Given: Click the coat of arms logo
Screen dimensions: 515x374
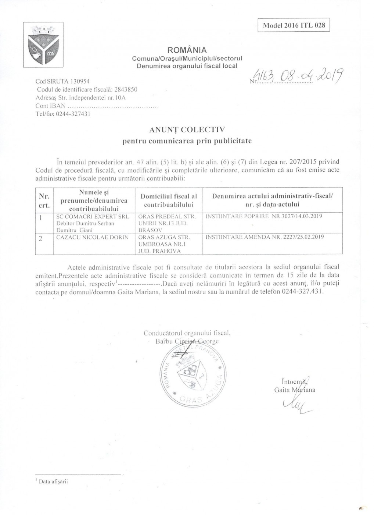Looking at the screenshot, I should [x=43, y=45].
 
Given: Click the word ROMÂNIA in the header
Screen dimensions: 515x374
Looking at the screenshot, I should [x=187, y=50].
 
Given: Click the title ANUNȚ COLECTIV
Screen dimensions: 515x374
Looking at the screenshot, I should [x=187, y=129].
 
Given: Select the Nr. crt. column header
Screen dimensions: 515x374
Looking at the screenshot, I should [x=44, y=200].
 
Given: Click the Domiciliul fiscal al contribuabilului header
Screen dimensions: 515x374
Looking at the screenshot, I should [x=169, y=200].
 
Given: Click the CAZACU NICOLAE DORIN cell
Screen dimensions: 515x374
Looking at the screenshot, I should [x=92, y=237].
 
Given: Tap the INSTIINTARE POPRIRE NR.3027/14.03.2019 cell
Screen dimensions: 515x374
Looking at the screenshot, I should [x=264, y=216].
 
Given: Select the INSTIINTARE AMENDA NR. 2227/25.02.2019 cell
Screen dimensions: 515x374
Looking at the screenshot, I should [x=265, y=237].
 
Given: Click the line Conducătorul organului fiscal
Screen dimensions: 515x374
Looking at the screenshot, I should [x=187, y=333].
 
